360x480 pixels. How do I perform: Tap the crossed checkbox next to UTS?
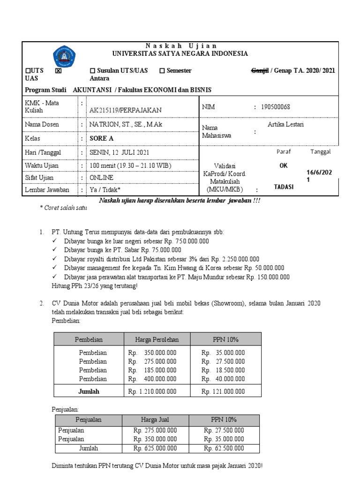click(x=58, y=71)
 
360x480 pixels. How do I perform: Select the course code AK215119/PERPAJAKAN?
click(x=125, y=110)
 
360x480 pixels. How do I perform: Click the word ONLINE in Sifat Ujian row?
click(x=101, y=178)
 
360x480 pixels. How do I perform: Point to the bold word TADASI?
click(x=284, y=187)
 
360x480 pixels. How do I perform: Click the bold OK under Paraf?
click(x=284, y=165)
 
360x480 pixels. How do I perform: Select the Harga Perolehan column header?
click(x=157, y=339)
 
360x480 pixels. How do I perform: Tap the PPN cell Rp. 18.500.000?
click(x=224, y=370)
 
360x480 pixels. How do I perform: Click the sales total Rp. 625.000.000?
click(x=155, y=448)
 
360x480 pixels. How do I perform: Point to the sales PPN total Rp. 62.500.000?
click(x=224, y=448)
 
